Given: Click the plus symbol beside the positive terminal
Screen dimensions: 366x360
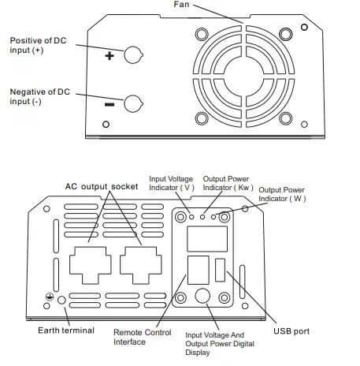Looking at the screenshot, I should point(109,56).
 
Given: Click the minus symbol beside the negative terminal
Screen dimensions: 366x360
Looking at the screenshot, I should point(109,104).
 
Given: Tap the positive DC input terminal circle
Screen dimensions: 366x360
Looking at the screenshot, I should point(135,55).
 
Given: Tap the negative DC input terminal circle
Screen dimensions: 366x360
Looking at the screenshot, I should point(135,103).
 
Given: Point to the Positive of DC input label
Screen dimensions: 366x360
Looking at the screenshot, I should point(39,44).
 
